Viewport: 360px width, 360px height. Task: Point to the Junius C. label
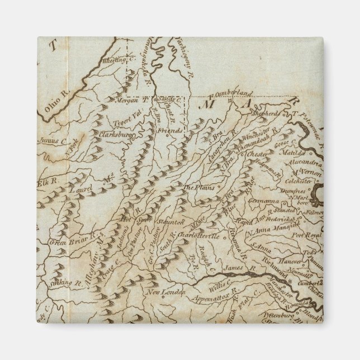tap(50, 141)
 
